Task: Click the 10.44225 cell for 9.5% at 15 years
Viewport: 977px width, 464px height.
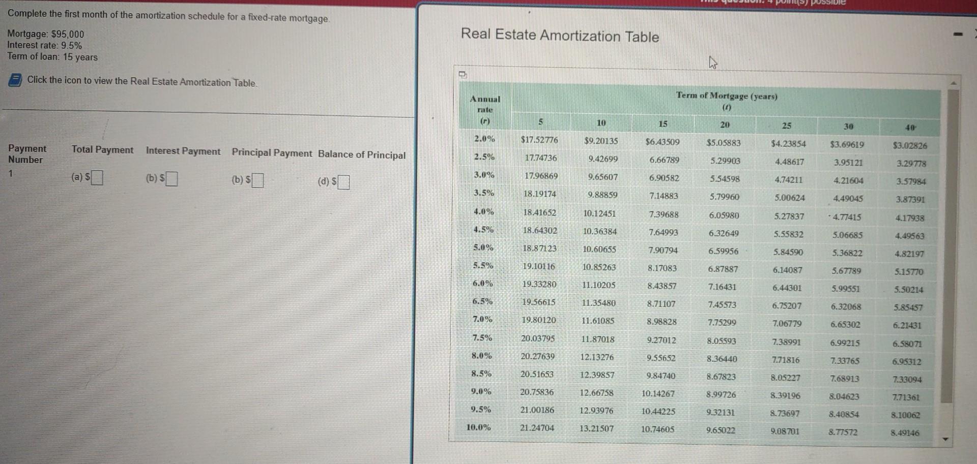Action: coord(658,411)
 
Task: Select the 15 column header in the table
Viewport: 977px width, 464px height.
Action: coord(663,123)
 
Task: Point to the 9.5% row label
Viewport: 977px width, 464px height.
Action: coord(481,409)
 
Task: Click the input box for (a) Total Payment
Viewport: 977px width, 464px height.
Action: coord(97,177)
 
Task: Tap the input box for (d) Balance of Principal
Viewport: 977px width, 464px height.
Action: coord(343,182)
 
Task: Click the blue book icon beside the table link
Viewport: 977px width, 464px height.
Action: coord(15,80)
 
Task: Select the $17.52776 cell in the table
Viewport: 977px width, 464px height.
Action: coord(539,140)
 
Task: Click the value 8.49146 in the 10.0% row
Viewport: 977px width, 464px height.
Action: coord(905,433)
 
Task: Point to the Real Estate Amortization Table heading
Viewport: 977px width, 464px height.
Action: coord(560,36)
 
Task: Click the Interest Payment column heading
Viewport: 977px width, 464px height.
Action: coord(183,151)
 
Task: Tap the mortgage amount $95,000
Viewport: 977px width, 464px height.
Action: coord(68,34)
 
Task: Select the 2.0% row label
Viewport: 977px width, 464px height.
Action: coord(484,138)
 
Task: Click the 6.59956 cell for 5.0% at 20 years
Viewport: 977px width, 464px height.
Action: coord(723,251)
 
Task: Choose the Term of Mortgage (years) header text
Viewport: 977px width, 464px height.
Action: coord(726,96)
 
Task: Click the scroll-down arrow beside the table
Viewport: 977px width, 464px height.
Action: coord(946,439)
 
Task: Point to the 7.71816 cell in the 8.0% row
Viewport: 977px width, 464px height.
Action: coord(786,360)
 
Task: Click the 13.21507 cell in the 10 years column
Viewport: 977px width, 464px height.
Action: coord(596,428)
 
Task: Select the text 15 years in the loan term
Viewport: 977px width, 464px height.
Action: coord(80,57)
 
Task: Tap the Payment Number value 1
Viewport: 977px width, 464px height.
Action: coord(10,173)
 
